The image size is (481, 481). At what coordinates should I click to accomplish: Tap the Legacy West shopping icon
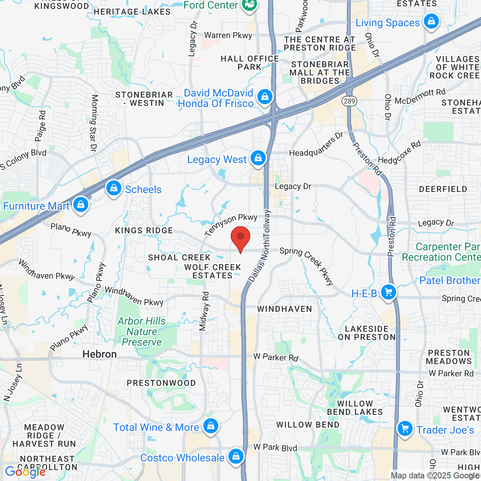(258, 158)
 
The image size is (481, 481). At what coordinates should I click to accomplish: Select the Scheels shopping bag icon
(113, 188)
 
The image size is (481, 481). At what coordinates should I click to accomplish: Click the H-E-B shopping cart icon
(389, 292)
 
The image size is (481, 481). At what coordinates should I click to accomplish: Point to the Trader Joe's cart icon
(405, 428)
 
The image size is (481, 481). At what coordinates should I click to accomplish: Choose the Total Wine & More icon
(211, 426)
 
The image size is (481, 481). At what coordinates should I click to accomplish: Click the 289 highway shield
(349, 101)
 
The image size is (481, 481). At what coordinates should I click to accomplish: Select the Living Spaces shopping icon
(431, 21)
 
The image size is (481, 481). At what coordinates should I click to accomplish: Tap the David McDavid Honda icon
(265, 97)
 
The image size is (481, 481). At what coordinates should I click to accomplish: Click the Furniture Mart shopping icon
(81, 204)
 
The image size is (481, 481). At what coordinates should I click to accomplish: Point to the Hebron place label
(100, 354)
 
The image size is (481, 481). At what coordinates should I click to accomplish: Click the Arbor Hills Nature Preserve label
(142, 331)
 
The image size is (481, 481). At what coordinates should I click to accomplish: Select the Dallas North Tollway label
(259, 246)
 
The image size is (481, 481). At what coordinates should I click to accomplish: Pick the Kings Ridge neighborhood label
(144, 230)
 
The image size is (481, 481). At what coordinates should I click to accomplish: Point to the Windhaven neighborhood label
(284, 309)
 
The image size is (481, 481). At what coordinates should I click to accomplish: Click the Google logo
(25, 472)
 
